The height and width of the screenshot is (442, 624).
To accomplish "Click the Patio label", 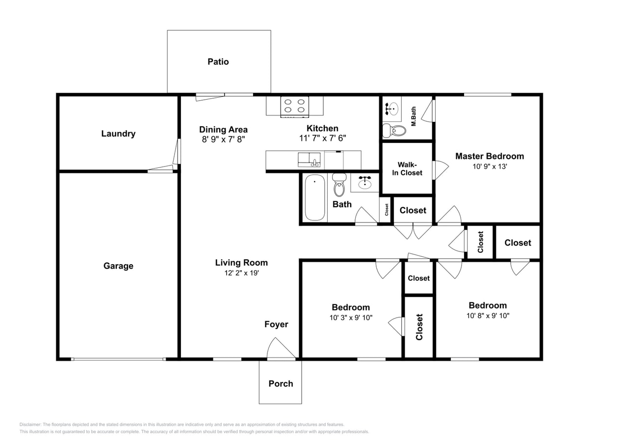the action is pos(218,61).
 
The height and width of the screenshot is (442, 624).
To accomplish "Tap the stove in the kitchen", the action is pos(294,107).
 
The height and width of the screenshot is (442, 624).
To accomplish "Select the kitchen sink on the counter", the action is pos(309,160).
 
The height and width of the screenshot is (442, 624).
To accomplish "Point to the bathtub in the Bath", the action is pos(315,197).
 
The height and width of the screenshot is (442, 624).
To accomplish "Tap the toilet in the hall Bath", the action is pos(339,185).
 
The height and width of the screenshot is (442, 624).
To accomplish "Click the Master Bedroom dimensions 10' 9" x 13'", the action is pos(490,166).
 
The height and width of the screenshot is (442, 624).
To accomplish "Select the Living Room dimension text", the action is pos(242,273).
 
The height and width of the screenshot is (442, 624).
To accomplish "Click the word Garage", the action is pos(118,266).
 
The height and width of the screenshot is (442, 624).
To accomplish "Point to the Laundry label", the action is pos(118,134).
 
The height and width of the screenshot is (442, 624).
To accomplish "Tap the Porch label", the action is pos(281,384).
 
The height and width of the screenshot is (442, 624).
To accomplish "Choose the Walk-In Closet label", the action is pos(407,169).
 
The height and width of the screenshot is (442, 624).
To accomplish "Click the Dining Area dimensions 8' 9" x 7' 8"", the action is pos(223,139).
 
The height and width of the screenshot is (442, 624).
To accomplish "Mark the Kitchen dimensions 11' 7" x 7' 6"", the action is pos(323,138).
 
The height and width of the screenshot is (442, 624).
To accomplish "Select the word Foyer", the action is pos(276,324).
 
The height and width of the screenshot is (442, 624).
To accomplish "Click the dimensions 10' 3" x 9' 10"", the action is pos(351,318).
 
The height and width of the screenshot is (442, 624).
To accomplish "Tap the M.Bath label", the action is pos(414,116).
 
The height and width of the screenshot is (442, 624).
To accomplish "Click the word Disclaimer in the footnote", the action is pos(30,424).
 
